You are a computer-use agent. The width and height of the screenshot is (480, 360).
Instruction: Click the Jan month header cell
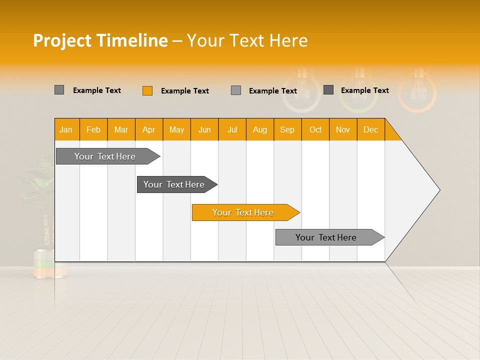click(x=66, y=129)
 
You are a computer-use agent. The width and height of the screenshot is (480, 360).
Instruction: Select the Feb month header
click(x=93, y=129)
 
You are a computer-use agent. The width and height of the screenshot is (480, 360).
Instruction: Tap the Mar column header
click(x=121, y=129)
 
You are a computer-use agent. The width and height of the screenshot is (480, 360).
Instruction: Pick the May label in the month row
click(x=176, y=129)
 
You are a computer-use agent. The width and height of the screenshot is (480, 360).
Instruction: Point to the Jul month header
click(x=232, y=129)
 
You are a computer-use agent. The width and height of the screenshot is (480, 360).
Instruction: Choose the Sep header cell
click(x=287, y=129)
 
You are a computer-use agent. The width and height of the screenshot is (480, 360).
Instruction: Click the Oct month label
click(x=315, y=129)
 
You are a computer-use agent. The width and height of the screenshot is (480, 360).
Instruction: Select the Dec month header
click(x=370, y=129)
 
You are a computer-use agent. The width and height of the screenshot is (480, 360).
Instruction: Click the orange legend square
click(x=147, y=90)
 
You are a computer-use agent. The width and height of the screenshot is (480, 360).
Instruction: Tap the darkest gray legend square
click(x=328, y=90)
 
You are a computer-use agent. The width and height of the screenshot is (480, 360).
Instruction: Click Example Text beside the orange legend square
click(x=184, y=91)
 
